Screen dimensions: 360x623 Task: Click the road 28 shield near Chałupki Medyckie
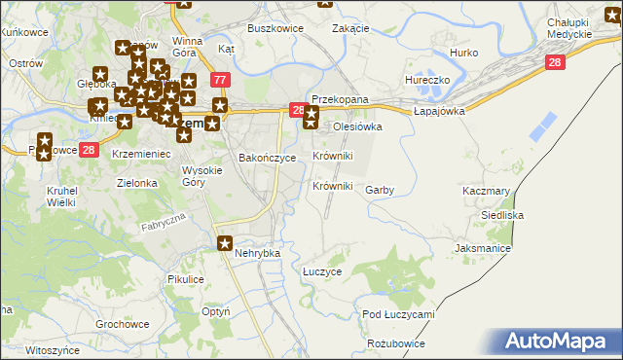pos(555,62)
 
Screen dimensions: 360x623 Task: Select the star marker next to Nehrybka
pos(225,244)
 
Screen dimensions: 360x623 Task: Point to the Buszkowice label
pos(275,29)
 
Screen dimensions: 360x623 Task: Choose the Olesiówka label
pos(357,126)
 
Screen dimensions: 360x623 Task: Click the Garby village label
pos(379,191)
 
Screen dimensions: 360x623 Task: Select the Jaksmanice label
pos(483,249)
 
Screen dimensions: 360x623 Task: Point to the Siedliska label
pos(503,214)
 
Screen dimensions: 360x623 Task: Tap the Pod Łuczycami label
pos(397,314)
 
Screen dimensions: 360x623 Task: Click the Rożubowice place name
pos(396,343)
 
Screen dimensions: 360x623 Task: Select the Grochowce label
pos(122,324)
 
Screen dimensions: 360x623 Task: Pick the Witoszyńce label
pos(52,349)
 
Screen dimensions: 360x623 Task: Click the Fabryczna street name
pos(162,223)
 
